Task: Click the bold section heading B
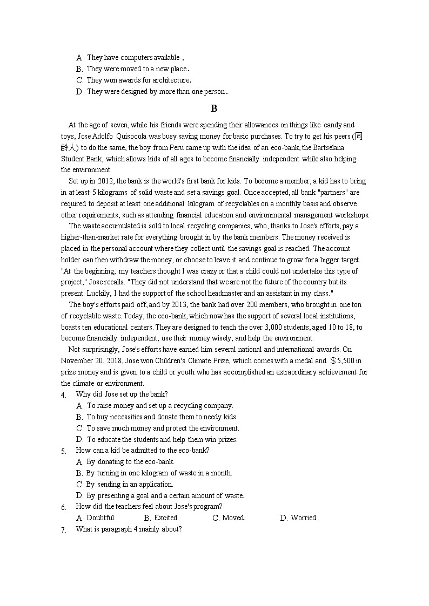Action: click(x=214, y=108)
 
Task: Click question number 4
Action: click(x=63, y=395)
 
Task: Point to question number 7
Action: click(x=63, y=530)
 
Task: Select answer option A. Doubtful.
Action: click(x=96, y=518)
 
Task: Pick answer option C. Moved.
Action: click(x=229, y=518)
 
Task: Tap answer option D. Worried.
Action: click(x=299, y=518)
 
